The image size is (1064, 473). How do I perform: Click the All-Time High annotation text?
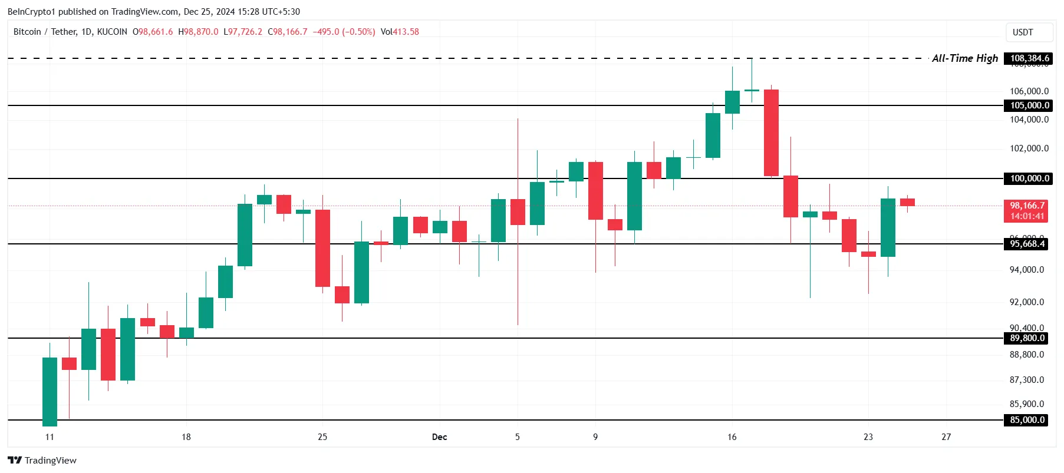(x=964, y=58)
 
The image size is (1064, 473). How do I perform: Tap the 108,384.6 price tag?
(x=1029, y=58)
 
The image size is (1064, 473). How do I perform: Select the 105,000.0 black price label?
(x=1029, y=105)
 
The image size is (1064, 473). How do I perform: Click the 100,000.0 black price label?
(x=1029, y=178)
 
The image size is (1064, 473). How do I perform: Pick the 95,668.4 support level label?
(x=1027, y=244)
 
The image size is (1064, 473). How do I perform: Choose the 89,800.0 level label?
(x=1027, y=338)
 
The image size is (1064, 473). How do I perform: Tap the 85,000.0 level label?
(x=1027, y=420)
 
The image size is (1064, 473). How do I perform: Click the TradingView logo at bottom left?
(x=42, y=460)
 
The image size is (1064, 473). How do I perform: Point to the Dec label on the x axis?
(x=439, y=437)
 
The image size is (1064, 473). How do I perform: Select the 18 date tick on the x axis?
(x=186, y=437)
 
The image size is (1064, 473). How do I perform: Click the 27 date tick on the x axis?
(x=946, y=437)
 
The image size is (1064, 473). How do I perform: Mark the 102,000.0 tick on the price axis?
(x=1029, y=148)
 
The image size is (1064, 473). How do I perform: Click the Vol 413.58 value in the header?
(x=400, y=32)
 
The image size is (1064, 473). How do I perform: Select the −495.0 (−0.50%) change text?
(x=344, y=32)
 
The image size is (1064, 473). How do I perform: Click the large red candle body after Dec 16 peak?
(x=771, y=133)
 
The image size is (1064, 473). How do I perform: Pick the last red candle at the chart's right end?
(x=907, y=202)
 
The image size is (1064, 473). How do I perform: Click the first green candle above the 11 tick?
(x=50, y=391)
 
